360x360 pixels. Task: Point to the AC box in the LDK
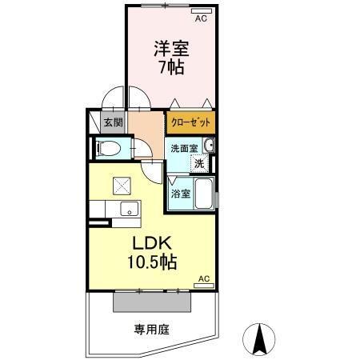click(x=203, y=278)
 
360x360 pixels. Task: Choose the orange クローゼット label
click(x=190, y=123)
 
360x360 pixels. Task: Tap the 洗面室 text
click(x=182, y=147)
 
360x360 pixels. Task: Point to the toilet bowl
click(x=109, y=148)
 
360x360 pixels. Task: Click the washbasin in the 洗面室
click(x=209, y=145)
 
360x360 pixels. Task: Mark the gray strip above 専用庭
click(x=152, y=302)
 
